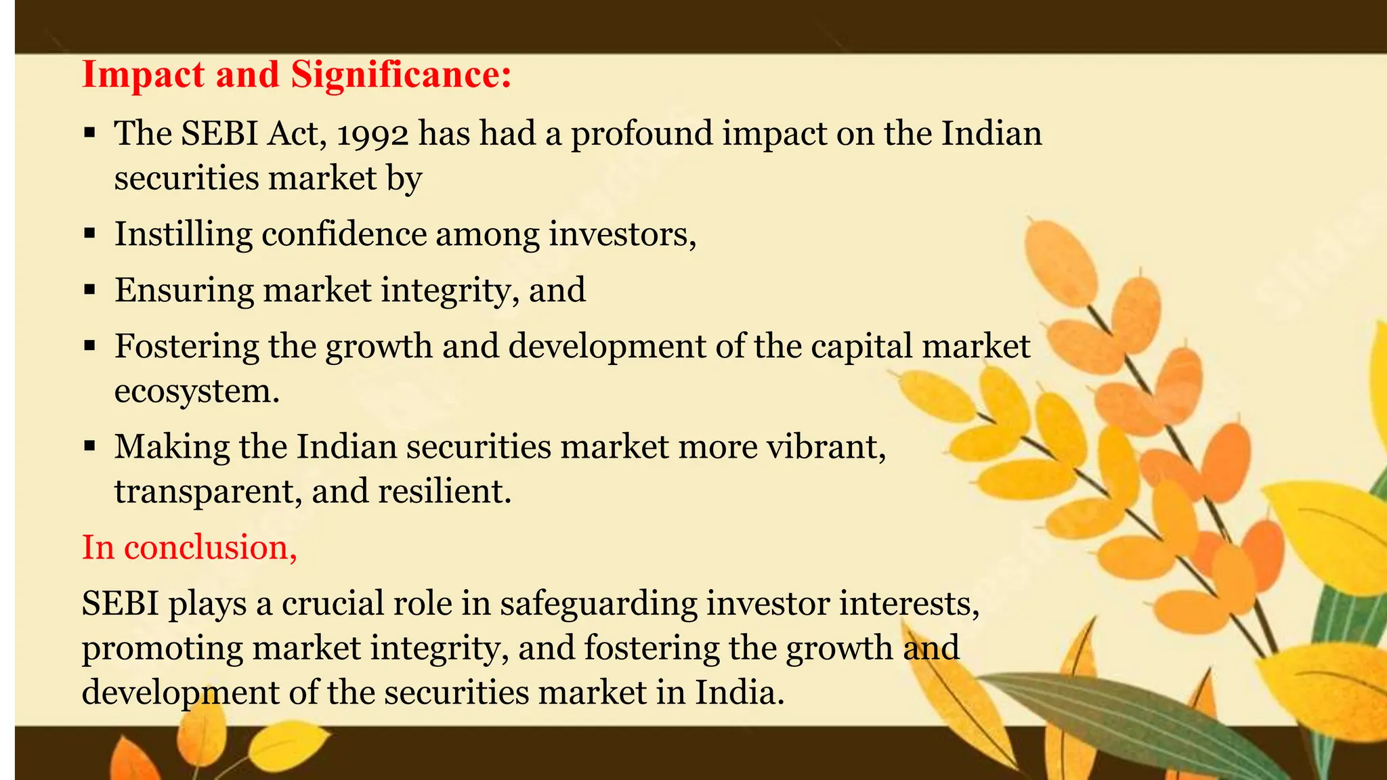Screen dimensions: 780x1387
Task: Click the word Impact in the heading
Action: point(142,74)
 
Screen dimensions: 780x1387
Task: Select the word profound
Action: point(642,134)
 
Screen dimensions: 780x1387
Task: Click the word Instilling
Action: point(183,235)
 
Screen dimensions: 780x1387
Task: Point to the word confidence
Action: point(344,235)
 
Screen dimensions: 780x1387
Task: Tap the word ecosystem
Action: point(196,391)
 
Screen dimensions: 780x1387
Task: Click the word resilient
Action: point(444,492)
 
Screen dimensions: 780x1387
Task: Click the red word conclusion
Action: point(210,548)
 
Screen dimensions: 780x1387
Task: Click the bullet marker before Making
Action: point(90,448)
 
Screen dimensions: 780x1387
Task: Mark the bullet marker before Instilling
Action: point(90,235)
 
